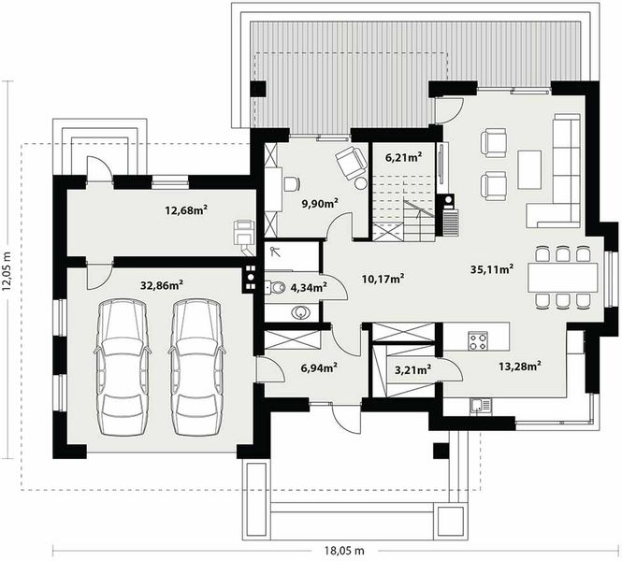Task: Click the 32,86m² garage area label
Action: pos(162,284)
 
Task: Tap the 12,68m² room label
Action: pos(186,209)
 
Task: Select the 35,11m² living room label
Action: pos(492,268)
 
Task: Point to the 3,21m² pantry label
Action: pos(412,369)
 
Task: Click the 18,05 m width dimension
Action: pos(344,551)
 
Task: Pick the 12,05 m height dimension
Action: pos(7,271)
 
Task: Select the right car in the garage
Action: pos(196,367)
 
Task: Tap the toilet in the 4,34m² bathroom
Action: pos(275,286)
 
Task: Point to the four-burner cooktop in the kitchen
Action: pos(478,340)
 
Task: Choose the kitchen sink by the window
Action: pos(481,407)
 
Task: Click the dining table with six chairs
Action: pos(562,277)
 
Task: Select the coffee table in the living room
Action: pos(529,169)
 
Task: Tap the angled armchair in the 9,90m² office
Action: pos(351,163)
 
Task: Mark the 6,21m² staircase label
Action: pos(403,157)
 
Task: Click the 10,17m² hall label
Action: pos(383,279)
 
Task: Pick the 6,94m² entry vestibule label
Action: pos(319,367)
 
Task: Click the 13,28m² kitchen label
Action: pos(520,366)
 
